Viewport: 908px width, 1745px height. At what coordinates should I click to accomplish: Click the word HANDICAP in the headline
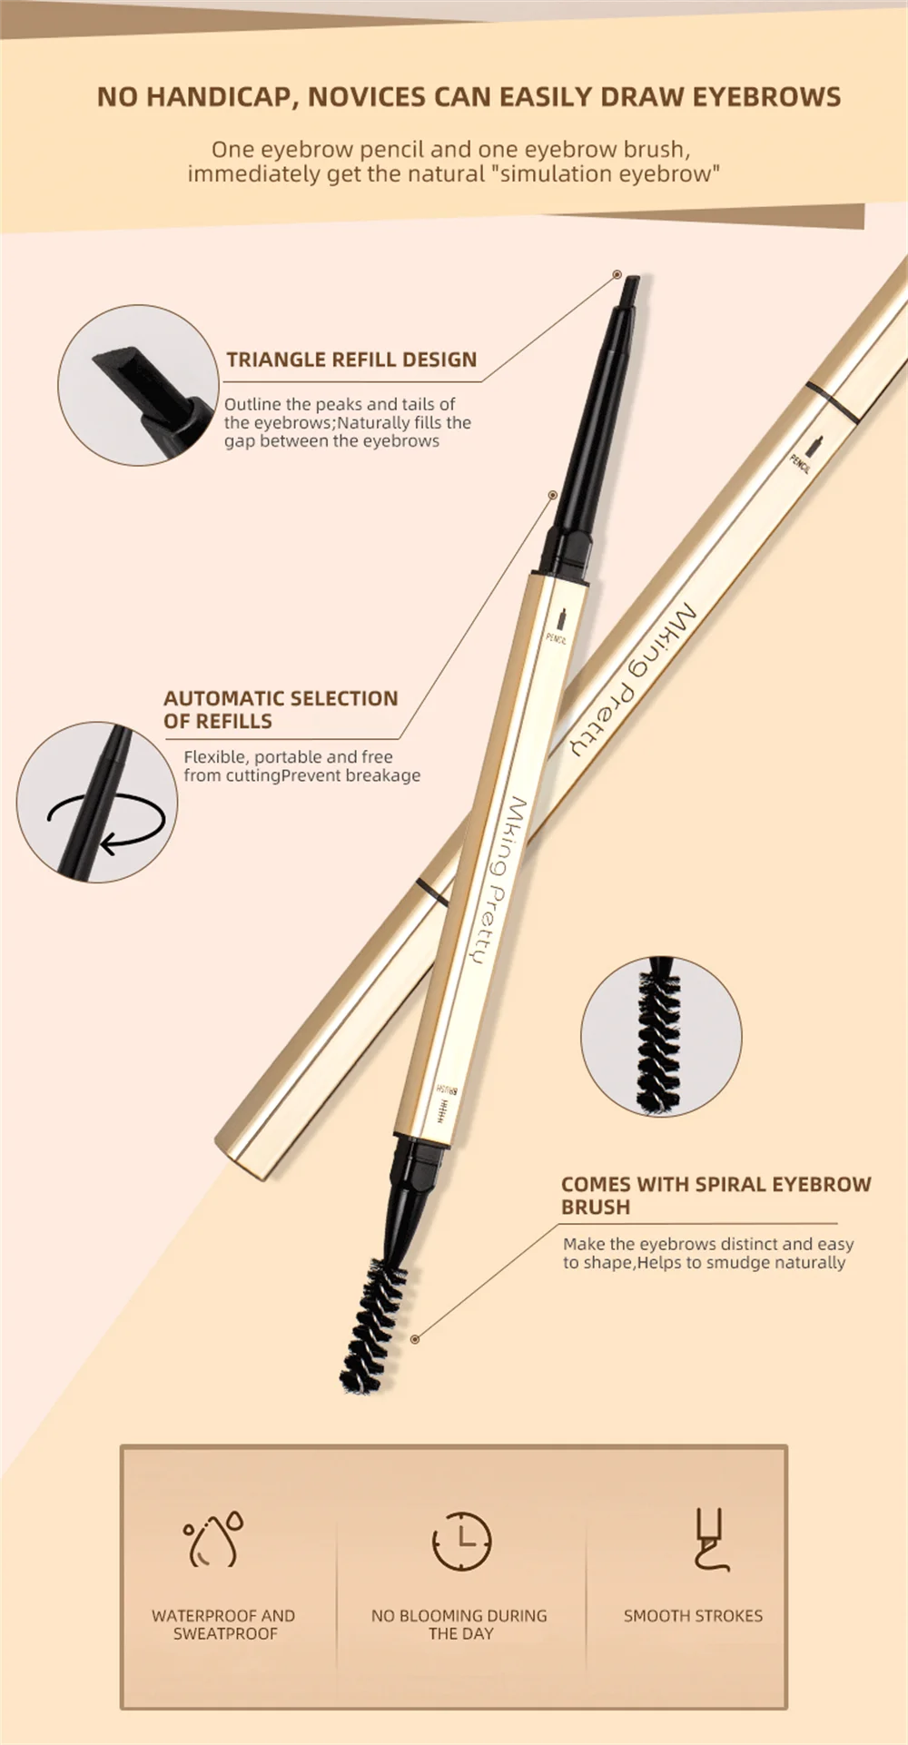(218, 97)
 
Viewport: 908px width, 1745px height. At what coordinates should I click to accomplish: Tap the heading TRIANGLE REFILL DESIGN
(351, 360)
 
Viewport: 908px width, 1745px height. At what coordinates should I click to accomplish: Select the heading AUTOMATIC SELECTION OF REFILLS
(281, 709)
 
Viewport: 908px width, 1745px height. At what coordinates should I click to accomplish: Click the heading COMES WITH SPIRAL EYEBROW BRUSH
(716, 1195)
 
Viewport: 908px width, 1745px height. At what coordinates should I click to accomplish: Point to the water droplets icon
(215, 1540)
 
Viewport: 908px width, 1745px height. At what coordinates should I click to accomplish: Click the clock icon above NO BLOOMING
(461, 1541)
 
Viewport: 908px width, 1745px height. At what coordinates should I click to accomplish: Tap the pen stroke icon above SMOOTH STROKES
(710, 1540)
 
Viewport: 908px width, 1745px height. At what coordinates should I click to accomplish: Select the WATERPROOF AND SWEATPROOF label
(223, 1624)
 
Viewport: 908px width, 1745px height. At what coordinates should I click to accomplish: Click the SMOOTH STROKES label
(693, 1616)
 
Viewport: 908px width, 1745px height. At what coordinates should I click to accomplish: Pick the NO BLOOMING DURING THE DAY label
(459, 1624)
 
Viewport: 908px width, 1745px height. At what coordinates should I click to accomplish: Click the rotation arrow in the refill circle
(107, 823)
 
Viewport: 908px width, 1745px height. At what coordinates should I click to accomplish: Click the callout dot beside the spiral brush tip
(415, 1339)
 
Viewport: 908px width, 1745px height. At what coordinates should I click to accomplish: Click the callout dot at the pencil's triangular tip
(617, 274)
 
